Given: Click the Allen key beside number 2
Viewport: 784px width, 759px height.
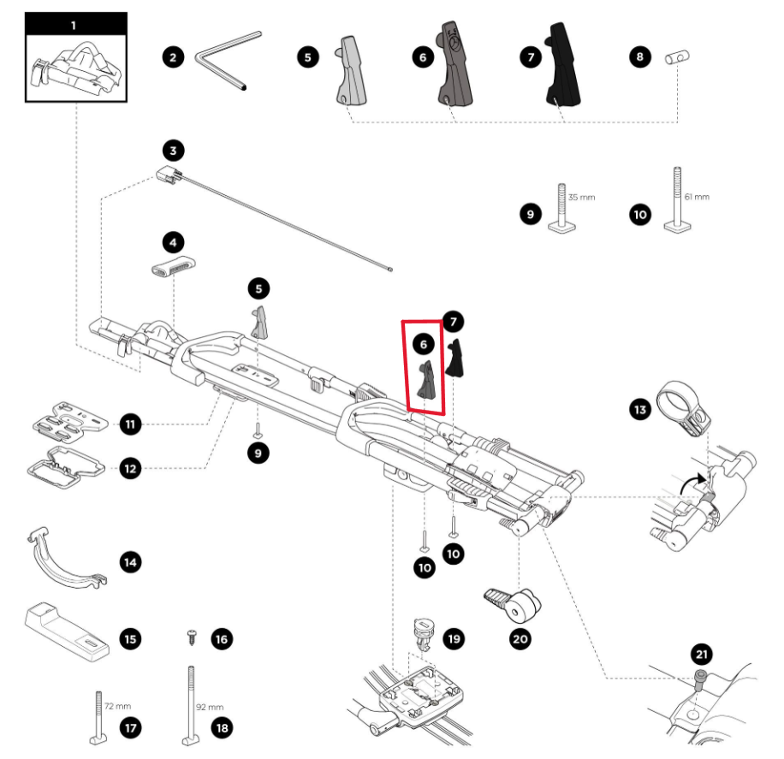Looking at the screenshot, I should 225,59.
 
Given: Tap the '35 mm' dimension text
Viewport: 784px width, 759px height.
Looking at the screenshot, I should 580,197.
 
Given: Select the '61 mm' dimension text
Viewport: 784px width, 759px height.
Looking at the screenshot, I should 698,197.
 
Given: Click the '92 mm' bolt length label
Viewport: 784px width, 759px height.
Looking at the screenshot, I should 210,707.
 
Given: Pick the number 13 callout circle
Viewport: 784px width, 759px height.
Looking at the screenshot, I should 638,410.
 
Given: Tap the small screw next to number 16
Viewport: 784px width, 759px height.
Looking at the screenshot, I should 191,637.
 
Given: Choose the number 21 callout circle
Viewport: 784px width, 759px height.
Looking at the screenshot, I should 702,655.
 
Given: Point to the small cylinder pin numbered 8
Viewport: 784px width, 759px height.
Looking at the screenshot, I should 678,57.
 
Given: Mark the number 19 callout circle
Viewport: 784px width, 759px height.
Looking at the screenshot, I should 454,637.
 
